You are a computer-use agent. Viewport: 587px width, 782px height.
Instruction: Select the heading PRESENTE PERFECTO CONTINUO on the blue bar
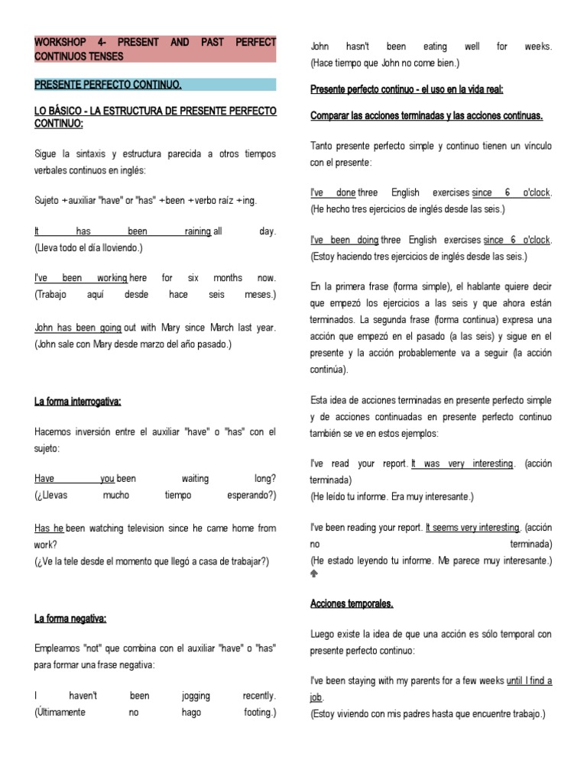tap(108, 84)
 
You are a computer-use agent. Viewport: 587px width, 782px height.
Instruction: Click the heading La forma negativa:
tap(70, 618)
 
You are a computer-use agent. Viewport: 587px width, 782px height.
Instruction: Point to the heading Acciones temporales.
tap(352, 603)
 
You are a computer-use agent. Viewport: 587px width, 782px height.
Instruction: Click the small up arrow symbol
tap(315, 573)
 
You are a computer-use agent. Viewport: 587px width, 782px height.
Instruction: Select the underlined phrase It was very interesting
tap(462, 464)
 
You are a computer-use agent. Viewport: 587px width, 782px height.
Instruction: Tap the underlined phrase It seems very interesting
tap(473, 528)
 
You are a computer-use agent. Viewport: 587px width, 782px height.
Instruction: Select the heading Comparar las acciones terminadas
tap(426, 116)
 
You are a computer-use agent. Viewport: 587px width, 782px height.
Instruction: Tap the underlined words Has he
tap(50, 528)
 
